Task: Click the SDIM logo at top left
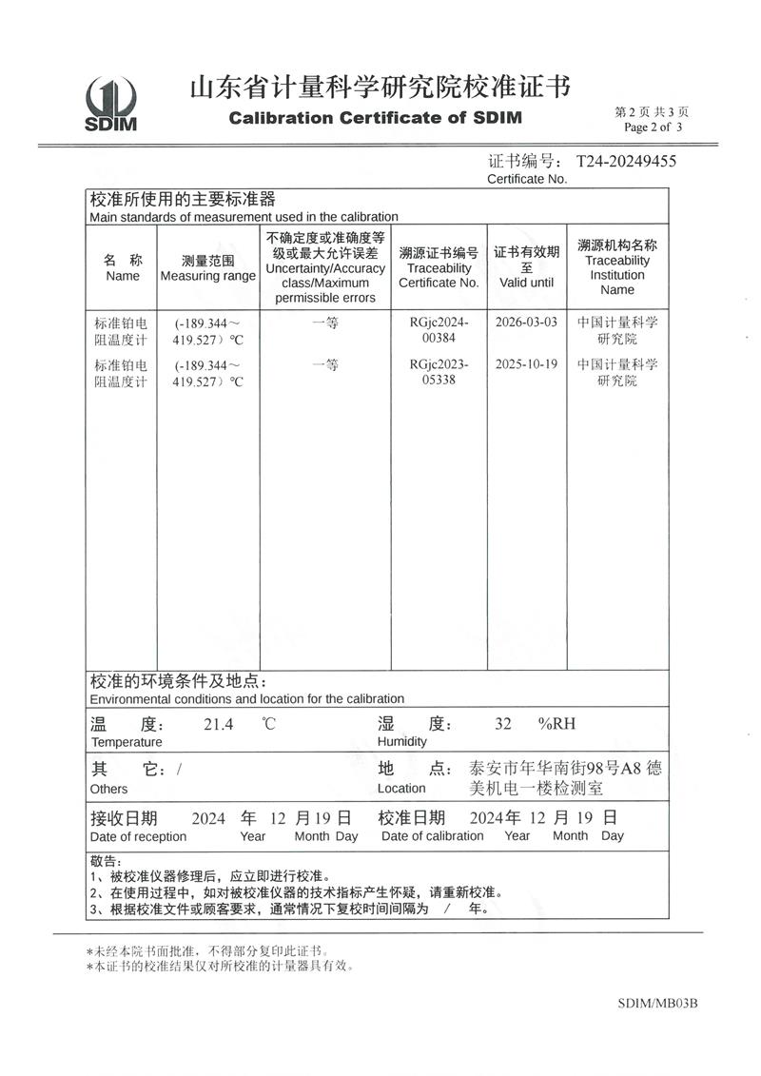[x=111, y=104]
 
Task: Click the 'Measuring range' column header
[x=208, y=276]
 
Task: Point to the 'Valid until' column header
[x=526, y=283]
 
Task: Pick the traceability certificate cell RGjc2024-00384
[x=439, y=330]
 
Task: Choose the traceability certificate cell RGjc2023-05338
[x=439, y=372]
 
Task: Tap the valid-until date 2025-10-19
[x=526, y=363]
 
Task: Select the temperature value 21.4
[x=219, y=724]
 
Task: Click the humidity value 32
[x=503, y=724]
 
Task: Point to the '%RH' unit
[x=556, y=724]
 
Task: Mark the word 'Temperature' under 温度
[x=127, y=742]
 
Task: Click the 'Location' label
[x=401, y=789]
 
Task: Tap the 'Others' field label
[x=108, y=789]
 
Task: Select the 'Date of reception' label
[x=138, y=836]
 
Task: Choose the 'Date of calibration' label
[x=432, y=836]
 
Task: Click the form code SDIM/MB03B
[x=657, y=1003]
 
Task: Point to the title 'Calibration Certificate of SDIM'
[x=376, y=119]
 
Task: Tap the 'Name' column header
[x=123, y=276]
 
